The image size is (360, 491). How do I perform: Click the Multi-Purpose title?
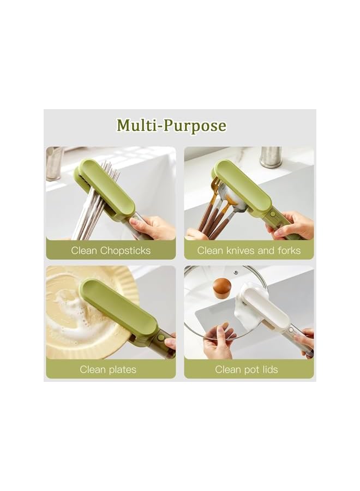(171, 126)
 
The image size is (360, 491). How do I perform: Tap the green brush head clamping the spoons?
(242, 185)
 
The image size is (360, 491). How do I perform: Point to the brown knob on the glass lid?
(221, 287)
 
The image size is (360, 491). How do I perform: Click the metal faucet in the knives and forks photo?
(271, 157)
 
